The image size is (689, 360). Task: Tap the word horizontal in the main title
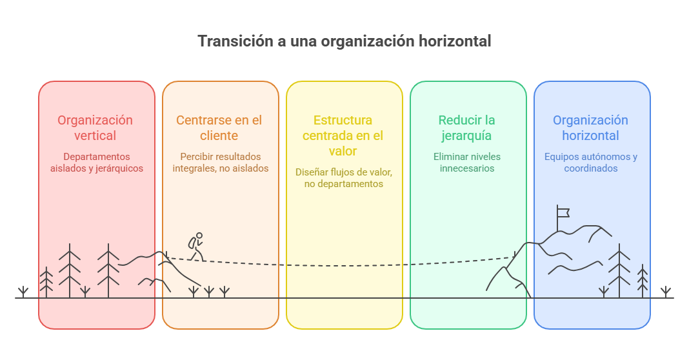454,41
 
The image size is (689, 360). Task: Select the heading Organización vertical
95,128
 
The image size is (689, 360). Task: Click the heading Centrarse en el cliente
219,128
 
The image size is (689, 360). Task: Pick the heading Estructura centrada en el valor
343,135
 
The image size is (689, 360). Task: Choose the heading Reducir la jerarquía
466,128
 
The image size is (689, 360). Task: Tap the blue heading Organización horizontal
590,128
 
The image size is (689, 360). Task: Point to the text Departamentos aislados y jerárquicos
97,163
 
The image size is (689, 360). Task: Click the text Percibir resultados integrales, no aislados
221,163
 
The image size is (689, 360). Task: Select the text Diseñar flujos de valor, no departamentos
344,178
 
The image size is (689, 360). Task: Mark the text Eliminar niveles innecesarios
467,163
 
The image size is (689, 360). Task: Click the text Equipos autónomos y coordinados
591,163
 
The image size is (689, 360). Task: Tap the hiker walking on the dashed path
196,246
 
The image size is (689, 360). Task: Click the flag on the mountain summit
563,213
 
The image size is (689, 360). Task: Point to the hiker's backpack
192,243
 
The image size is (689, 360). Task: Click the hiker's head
199,235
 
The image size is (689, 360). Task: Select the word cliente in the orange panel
219,135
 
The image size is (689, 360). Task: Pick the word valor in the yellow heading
343,151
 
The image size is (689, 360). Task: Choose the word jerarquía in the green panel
466,136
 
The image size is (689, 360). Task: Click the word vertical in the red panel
95,135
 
